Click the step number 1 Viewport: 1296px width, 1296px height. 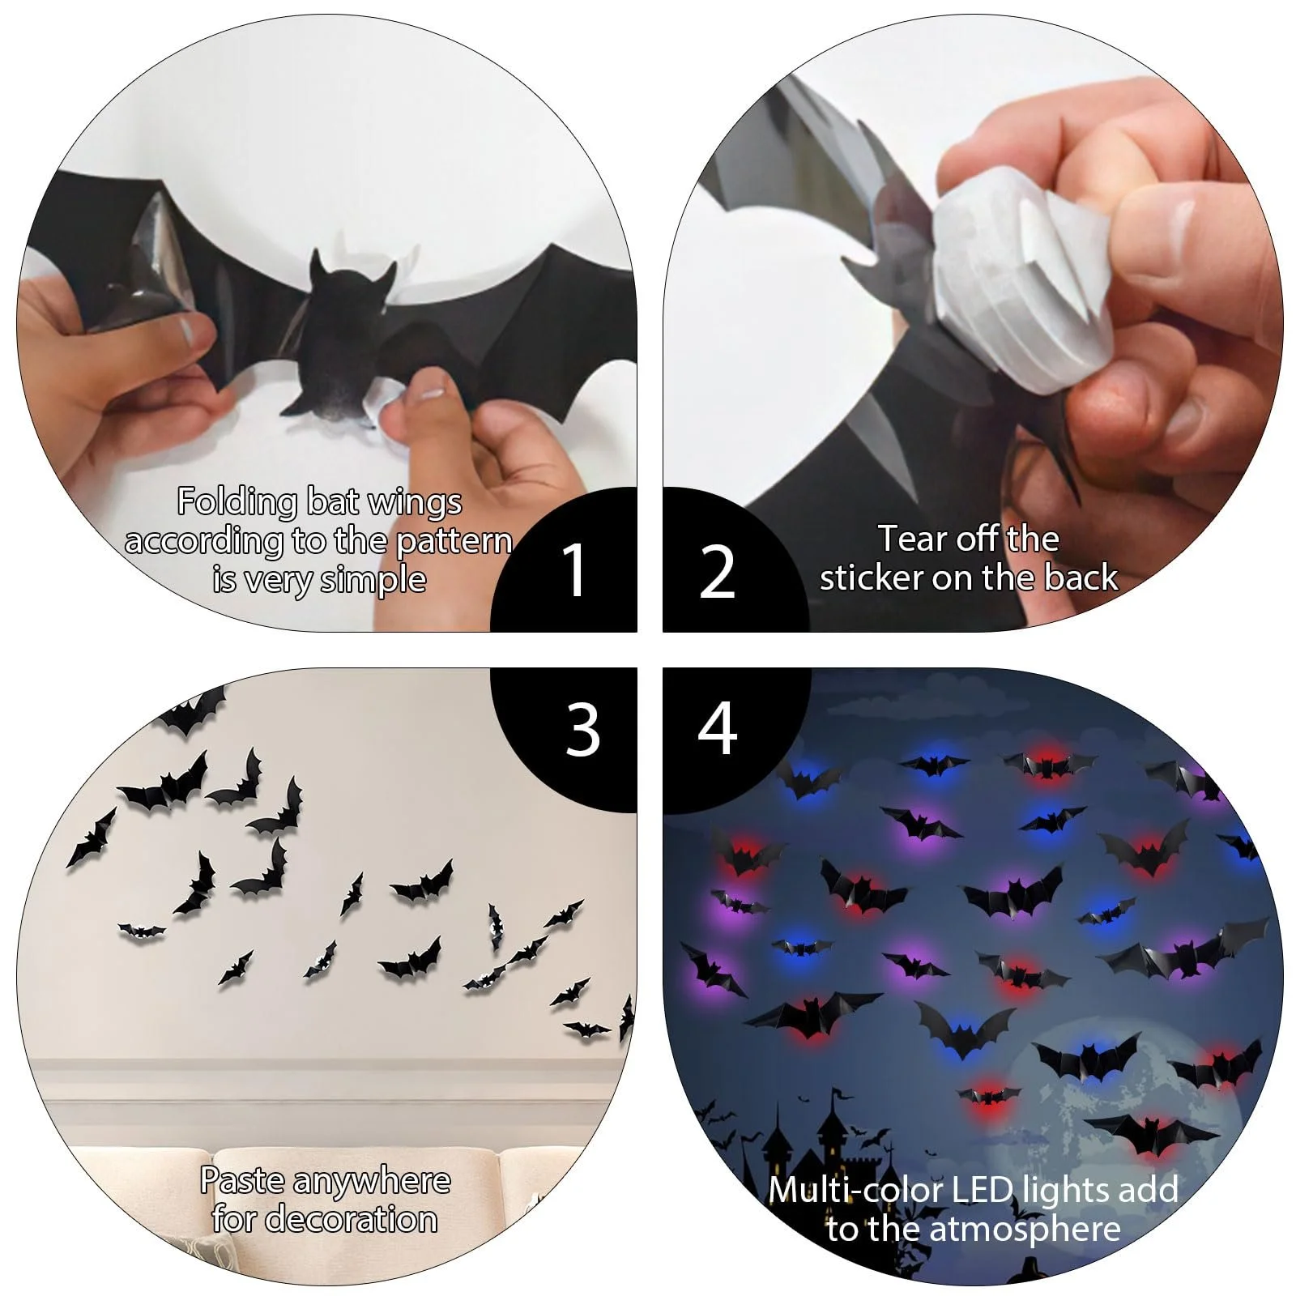(574, 570)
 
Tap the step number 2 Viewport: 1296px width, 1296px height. (717, 572)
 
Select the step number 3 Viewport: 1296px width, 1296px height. (582, 730)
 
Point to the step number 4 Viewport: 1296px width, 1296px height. (718, 729)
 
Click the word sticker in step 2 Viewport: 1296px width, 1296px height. (872, 578)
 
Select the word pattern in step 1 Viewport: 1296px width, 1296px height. (454, 542)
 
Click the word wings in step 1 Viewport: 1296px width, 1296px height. (415, 503)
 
